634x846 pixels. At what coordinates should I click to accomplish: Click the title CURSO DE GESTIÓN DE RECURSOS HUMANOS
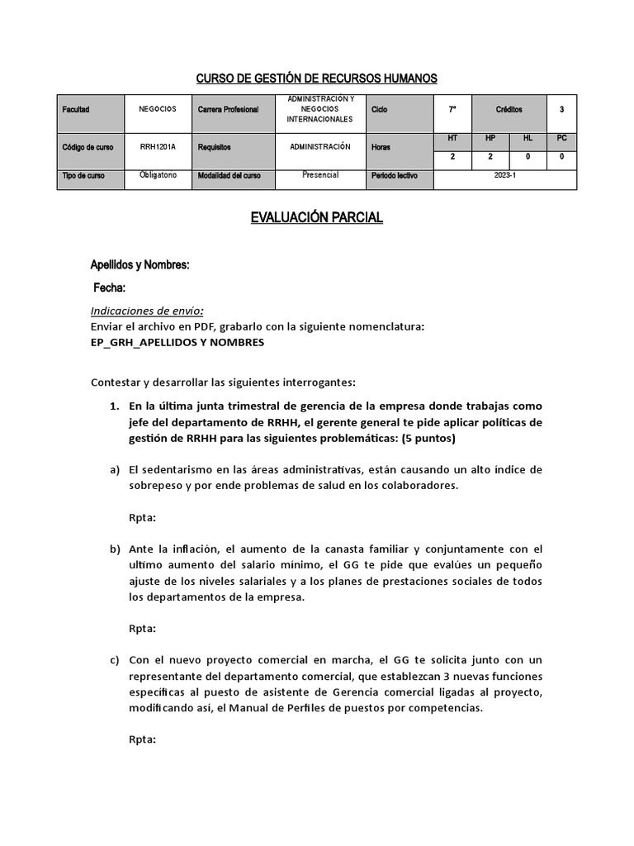coord(316,78)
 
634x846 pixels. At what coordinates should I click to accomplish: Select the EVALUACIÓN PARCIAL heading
coord(316,218)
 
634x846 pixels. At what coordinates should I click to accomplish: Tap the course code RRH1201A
coord(158,147)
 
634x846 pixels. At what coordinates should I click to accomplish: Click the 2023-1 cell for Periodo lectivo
coord(504,176)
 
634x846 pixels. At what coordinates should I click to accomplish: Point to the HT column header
coord(452,138)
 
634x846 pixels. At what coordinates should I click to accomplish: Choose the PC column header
coord(561,138)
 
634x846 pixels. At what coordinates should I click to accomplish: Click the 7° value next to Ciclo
coord(452,109)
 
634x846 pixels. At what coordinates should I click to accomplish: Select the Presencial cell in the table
coord(319,175)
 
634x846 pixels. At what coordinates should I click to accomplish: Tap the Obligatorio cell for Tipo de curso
coord(158,175)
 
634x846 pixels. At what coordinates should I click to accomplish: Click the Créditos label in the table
coord(509,109)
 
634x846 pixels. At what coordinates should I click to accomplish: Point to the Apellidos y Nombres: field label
coord(140,265)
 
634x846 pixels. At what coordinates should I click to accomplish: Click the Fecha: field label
coord(110,288)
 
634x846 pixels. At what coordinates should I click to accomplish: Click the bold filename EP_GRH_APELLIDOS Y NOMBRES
coord(177,342)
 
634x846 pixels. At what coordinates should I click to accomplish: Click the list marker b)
coord(115,549)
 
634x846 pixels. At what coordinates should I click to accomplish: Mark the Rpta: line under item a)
coord(142,517)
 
